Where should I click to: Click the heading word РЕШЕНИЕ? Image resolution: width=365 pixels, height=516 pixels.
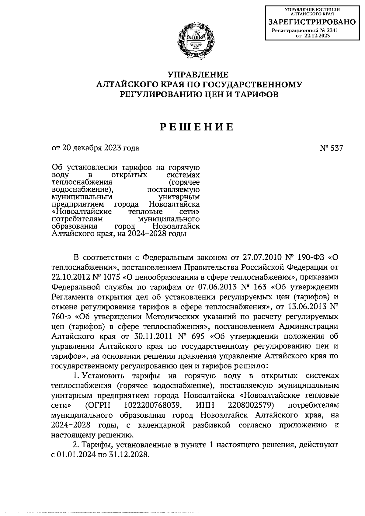[197, 127]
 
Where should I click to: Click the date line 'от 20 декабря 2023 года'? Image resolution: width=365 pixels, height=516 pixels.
[96, 148]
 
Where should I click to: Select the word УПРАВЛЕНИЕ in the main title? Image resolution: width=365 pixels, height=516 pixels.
[198, 74]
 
